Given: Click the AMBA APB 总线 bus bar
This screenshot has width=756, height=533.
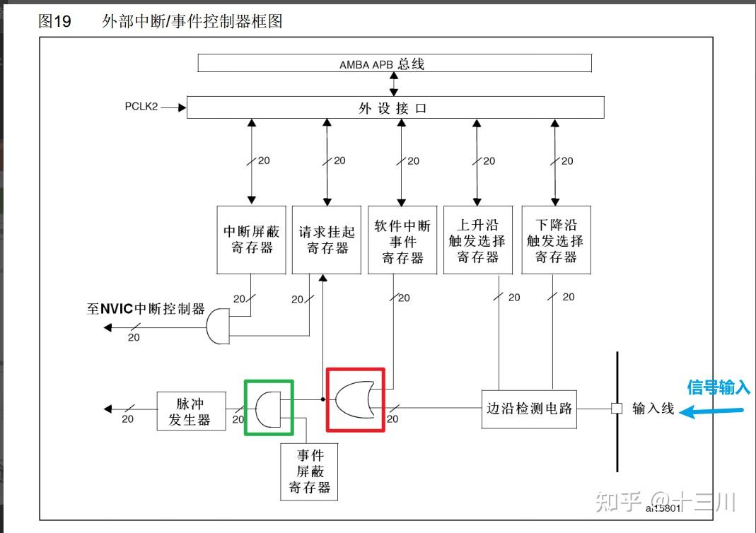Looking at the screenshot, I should click(394, 63).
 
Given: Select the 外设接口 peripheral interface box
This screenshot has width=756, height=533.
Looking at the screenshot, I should click(394, 108).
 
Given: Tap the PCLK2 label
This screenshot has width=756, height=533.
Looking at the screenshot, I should click(141, 107).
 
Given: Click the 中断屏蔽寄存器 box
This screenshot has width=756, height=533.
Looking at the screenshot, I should click(251, 240).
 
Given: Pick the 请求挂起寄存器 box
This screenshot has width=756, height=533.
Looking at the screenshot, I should click(327, 240).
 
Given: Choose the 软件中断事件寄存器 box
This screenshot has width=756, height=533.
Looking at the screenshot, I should click(402, 240).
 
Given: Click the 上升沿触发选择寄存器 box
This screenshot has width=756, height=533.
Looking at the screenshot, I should click(478, 240).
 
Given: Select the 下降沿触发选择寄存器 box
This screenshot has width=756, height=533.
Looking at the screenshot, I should click(556, 240).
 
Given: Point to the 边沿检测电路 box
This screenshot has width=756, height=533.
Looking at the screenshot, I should click(529, 409).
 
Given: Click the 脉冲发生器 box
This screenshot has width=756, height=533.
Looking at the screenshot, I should click(191, 411).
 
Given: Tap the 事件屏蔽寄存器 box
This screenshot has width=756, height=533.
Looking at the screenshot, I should click(310, 471).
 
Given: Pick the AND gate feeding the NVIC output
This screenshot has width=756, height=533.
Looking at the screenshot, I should click(219, 326).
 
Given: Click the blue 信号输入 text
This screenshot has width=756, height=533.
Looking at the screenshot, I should click(718, 387).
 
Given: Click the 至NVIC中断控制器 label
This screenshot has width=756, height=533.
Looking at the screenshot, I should click(146, 309).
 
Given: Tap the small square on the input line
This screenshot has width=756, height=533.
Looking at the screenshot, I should click(617, 409).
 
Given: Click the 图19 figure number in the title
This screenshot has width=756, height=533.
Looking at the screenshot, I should click(55, 21).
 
